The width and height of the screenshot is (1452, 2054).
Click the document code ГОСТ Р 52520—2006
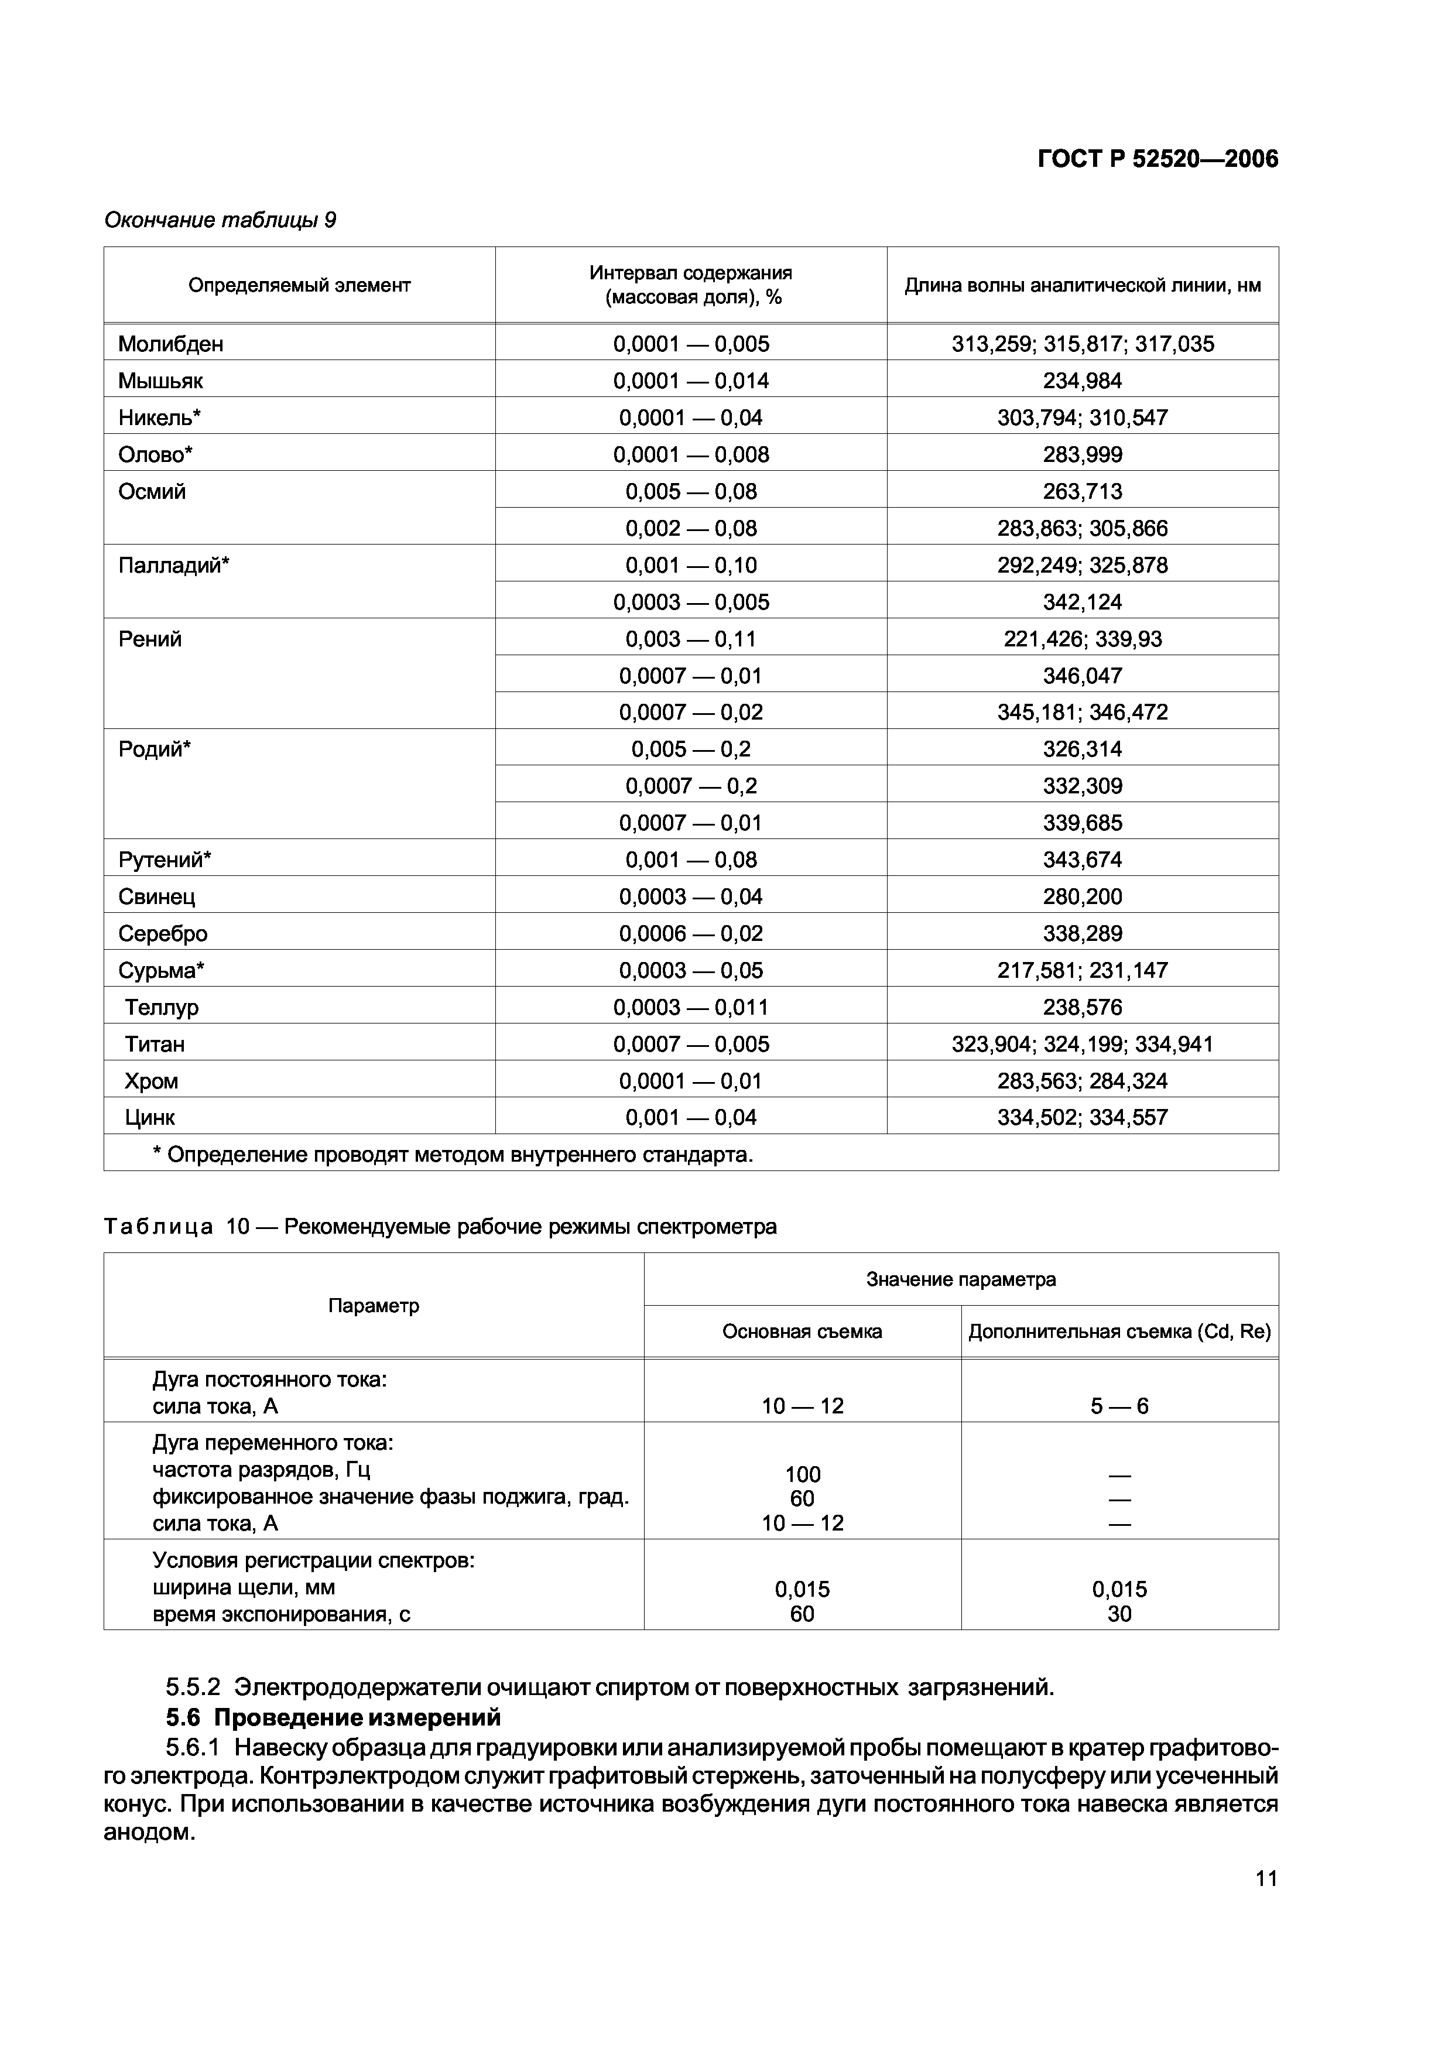(1157, 159)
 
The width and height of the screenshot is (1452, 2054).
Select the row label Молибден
(171, 344)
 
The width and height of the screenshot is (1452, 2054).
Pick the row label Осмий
(152, 491)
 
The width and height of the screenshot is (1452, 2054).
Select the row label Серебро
(163, 933)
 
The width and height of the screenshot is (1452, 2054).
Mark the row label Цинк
(150, 1117)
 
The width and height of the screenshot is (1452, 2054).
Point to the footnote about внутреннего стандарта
(453, 1155)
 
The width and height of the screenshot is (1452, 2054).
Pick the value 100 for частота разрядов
(803, 1474)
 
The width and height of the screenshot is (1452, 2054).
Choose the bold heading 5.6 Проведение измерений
(334, 1718)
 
